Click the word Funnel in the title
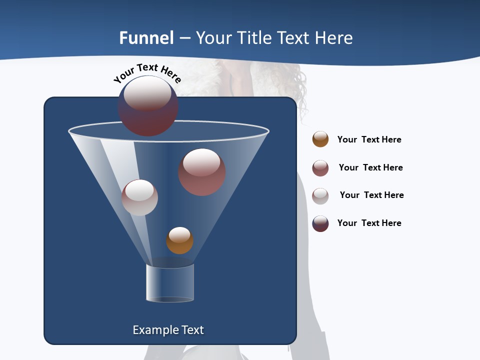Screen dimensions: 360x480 (x=146, y=38)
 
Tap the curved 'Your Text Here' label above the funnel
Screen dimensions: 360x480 (x=147, y=73)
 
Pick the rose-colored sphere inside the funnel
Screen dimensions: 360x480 (x=202, y=172)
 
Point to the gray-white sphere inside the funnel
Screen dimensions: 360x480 (x=140, y=197)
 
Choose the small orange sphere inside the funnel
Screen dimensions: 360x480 (x=179, y=240)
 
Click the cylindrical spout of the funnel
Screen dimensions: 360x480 (x=170, y=283)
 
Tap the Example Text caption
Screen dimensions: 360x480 (x=168, y=330)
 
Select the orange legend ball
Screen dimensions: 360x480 (x=320, y=139)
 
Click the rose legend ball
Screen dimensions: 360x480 (x=320, y=168)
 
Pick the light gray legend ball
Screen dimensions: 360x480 (x=320, y=196)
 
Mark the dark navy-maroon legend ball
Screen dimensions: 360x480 (x=320, y=223)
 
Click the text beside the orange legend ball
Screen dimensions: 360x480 (x=369, y=139)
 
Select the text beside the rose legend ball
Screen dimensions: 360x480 (x=370, y=167)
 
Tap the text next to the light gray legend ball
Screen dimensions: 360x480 (x=371, y=195)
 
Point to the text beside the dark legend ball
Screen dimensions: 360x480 (x=369, y=223)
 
